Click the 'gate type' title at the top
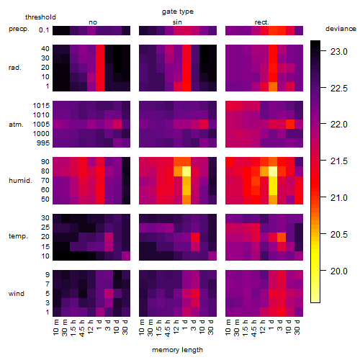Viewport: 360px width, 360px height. [178, 12]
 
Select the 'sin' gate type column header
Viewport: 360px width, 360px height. [177, 22]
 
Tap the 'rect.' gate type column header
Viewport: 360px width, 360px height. [262, 22]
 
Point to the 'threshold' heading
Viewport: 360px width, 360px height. [40, 17]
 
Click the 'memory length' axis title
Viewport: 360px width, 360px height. [178, 350]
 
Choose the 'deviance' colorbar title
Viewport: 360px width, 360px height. [341, 29]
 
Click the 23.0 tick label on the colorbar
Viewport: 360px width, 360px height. [339, 52]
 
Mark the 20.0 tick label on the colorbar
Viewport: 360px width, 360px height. [339, 271]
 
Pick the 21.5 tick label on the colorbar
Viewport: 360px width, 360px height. [339, 161]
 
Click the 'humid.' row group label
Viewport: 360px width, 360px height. [20, 181]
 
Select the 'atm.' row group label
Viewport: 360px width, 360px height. [16, 125]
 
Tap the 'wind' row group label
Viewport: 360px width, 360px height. [17, 294]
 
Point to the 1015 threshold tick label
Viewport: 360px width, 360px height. [41, 106]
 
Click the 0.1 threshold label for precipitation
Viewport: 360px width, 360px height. [44, 30]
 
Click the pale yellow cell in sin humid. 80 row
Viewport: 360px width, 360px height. [186, 171]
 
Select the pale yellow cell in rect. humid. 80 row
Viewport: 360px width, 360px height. [273, 171]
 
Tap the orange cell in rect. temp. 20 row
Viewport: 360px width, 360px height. [282, 237]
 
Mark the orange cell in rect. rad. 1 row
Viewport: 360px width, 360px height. [273, 86]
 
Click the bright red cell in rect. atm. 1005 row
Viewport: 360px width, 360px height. [290, 125]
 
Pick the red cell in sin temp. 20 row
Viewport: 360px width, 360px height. [195, 237]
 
